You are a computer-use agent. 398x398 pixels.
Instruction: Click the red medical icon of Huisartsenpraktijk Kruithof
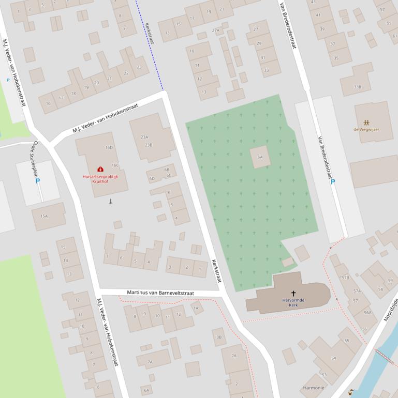tap(100, 169)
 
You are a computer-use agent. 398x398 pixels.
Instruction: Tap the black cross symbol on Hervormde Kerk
tap(293, 293)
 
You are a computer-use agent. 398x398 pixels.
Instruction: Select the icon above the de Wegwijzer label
tap(366, 123)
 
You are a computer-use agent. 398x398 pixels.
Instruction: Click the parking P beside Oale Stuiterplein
tap(37, 181)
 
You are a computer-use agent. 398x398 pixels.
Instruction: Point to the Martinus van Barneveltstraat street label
tap(160, 293)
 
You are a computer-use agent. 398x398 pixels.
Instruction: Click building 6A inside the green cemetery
tap(260, 157)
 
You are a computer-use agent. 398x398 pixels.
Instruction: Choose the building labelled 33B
tap(357, 87)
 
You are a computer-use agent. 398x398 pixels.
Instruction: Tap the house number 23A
tap(144, 137)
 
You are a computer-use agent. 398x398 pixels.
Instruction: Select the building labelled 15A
tap(44, 216)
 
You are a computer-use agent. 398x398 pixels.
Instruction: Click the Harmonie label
tap(314, 388)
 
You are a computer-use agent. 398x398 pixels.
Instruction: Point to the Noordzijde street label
tap(391, 310)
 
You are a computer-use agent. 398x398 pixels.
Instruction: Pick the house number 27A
tap(216, 30)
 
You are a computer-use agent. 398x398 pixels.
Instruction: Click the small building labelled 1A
tap(196, 308)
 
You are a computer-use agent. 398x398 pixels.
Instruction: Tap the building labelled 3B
tap(219, 337)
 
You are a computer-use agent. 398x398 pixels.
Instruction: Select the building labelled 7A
tap(150, 362)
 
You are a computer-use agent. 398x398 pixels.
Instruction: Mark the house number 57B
tap(345, 278)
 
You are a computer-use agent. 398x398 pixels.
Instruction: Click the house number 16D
tap(109, 147)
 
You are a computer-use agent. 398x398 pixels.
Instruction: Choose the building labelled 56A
tap(367, 312)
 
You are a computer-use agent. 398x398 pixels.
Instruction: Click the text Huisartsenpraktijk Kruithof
tap(100, 179)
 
